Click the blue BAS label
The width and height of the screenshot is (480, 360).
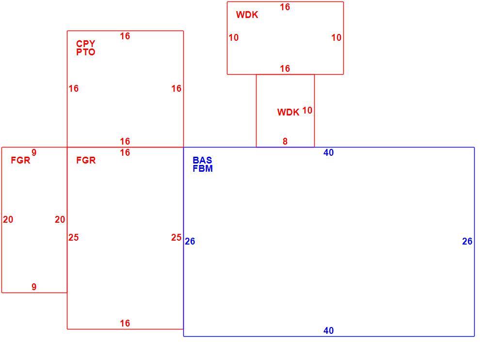point(202,160)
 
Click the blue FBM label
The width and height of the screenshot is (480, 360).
point(203,168)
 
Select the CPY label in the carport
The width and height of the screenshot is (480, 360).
point(86,44)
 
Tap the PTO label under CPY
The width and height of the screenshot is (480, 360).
point(86,52)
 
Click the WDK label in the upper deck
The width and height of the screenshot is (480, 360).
point(247,15)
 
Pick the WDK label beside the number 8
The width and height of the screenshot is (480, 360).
point(288,112)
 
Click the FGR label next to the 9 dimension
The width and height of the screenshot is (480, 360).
point(20,160)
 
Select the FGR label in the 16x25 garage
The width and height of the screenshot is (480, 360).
point(86,160)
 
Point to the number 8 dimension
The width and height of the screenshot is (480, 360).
point(285,141)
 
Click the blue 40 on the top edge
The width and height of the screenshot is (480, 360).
point(328,152)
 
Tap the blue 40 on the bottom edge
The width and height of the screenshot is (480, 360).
point(328,330)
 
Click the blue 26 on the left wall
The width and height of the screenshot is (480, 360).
point(190,242)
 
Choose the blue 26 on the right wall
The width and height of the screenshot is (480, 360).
point(467,242)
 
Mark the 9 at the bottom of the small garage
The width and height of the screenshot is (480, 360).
point(34,287)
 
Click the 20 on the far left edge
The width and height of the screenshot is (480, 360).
point(8,219)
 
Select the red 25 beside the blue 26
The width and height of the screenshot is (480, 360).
point(176,237)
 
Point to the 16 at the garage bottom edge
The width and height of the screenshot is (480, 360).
point(125,323)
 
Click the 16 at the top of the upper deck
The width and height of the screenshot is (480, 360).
point(285,7)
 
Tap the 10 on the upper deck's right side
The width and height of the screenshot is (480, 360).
point(336,38)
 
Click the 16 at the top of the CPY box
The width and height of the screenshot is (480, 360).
point(125,36)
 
